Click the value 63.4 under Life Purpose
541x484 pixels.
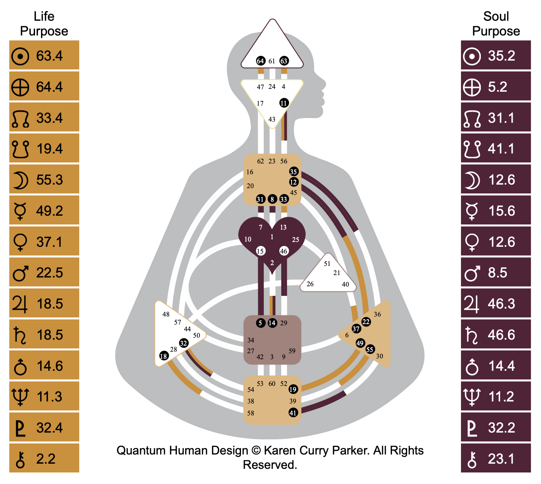49,56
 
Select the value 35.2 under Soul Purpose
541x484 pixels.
502,56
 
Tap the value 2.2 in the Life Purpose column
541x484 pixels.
46,459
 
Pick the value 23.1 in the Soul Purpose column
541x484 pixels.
501,459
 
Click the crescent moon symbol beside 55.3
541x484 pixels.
20,180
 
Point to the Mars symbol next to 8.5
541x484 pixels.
472,273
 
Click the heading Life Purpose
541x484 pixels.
44,24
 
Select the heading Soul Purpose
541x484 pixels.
496,24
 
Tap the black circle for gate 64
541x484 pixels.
261,61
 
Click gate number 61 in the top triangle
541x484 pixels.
272,61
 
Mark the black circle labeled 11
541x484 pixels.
284,103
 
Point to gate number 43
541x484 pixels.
272,119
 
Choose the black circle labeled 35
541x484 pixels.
294,172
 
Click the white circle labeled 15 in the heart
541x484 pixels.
260,251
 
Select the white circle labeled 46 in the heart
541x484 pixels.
284,251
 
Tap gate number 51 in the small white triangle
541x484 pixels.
327,264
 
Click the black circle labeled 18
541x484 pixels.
164,356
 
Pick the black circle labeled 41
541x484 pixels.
293,413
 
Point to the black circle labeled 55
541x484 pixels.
370,350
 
